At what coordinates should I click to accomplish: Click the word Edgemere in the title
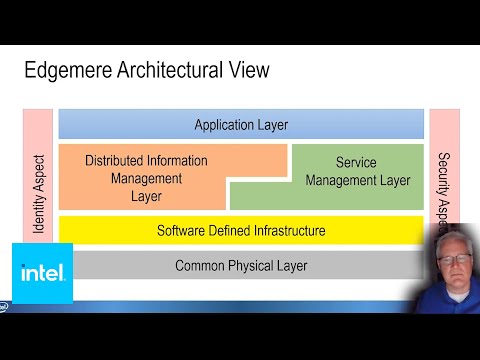69,71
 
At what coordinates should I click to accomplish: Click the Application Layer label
241,125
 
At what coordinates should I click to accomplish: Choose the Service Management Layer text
357,171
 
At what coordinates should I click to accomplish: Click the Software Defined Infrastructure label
241,231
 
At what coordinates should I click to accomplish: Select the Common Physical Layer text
241,265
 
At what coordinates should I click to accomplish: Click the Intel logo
42,272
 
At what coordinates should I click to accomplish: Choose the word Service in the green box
358,162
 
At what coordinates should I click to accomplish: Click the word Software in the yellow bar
181,231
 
